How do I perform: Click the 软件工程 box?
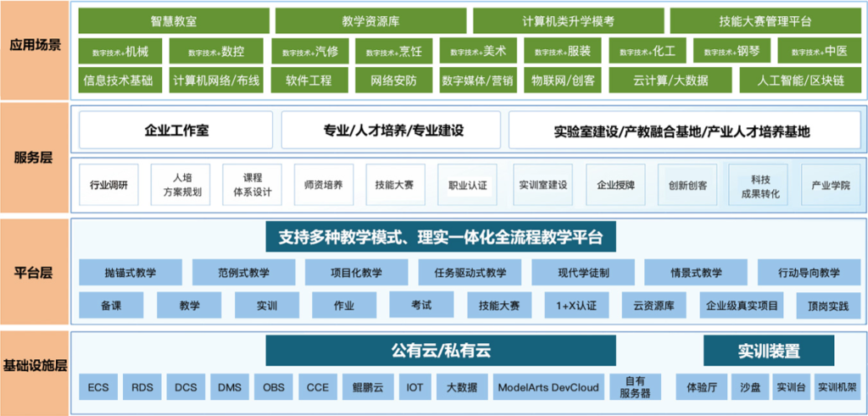tap(309, 80)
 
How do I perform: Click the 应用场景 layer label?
tap(36, 45)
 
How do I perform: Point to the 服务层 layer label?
tap(36, 157)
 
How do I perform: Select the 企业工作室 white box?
tap(176, 130)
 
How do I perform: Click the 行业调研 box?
tap(109, 185)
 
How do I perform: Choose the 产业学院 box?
tap(831, 185)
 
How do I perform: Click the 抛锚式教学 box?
tap(130, 272)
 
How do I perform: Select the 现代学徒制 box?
tap(583, 272)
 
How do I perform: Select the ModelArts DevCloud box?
tap(548, 387)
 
